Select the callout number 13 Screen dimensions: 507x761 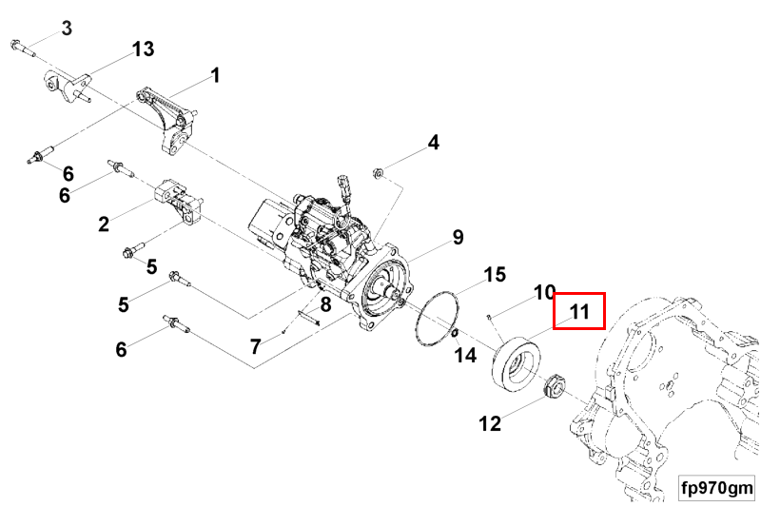coord(143,48)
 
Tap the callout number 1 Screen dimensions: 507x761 coord(215,74)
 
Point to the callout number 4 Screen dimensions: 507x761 coord(433,143)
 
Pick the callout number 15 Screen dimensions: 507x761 coord(495,275)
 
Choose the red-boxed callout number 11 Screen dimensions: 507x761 coord(579,310)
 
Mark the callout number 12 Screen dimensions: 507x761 coord(490,423)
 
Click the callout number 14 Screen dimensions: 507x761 coord(465,355)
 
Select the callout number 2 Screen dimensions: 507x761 coord(104,224)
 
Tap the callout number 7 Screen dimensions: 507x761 coord(255,346)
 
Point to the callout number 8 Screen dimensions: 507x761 coord(324,304)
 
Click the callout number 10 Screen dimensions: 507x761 coord(544,291)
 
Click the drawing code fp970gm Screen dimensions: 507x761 coord(716,488)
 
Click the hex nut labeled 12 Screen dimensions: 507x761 coord(553,386)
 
